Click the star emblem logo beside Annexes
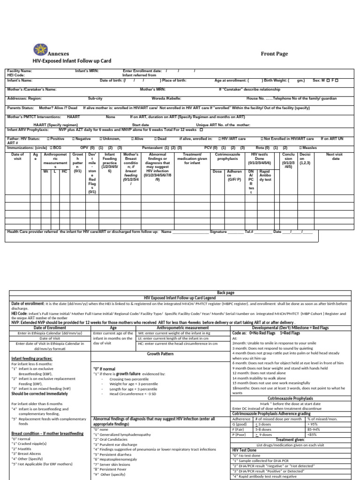(x=40, y=49)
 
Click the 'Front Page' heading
(x=274, y=54)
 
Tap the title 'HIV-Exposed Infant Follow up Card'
(x=72, y=61)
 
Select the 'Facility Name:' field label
(x=20, y=71)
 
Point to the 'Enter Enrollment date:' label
(x=142, y=71)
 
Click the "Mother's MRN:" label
(x=153, y=89)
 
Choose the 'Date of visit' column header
(x=17, y=156)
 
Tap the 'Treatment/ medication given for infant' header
(x=192, y=158)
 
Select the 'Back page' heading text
(x=226, y=292)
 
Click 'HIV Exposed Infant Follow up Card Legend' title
(x=180, y=298)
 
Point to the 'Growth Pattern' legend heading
(x=161, y=353)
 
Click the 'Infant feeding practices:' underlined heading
(x=31, y=358)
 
